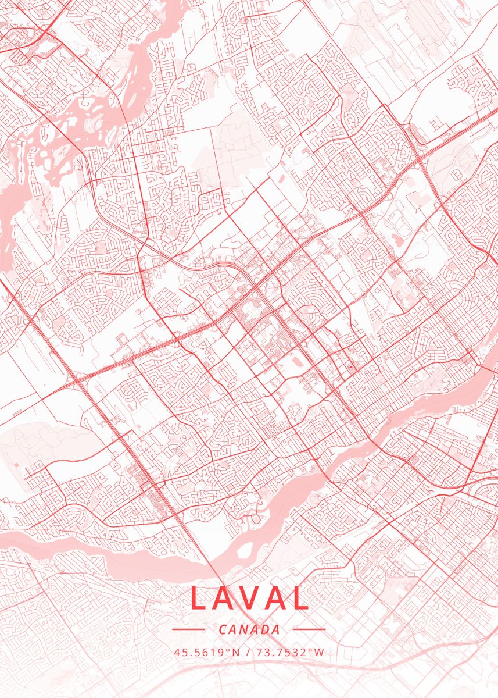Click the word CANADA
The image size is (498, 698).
coord(249,629)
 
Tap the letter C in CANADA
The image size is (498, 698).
coord(223,629)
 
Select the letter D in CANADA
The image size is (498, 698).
coord(266,629)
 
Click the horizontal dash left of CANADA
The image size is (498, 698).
coord(189,629)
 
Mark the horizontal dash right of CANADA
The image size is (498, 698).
coord(309,629)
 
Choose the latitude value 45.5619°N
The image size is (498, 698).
coord(206,652)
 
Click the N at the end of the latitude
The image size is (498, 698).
coord(235,652)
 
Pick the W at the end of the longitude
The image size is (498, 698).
coord(319,652)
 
